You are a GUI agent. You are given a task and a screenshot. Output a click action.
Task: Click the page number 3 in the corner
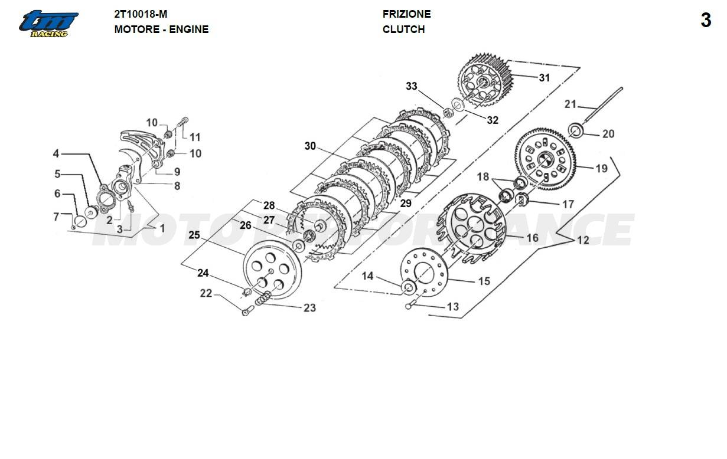tap(706, 21)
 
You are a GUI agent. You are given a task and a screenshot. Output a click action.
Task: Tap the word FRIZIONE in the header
tap(406, 14)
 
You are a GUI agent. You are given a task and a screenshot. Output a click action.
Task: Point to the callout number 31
tap(544, 77)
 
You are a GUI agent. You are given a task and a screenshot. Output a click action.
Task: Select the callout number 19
tap(601, 169)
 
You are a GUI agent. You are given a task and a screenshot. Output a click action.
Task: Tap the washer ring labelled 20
tap(576, 129)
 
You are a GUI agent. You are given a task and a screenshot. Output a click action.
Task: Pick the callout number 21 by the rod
tap(570, 104)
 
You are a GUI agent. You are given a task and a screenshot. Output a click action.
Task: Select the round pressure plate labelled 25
tap(272, 272)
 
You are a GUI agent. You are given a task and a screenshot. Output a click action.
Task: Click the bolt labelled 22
tap(246, 312)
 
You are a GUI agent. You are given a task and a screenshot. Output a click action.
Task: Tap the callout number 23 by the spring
tap(309, 307)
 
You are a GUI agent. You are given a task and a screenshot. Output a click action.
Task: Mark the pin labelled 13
tap(412, 305)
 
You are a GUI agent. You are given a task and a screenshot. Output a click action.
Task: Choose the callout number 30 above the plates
tap(311, 146)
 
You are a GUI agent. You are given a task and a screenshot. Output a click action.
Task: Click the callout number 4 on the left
tap(56, 154)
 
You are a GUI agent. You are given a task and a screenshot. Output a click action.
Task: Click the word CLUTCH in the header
tap(403, 29)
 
